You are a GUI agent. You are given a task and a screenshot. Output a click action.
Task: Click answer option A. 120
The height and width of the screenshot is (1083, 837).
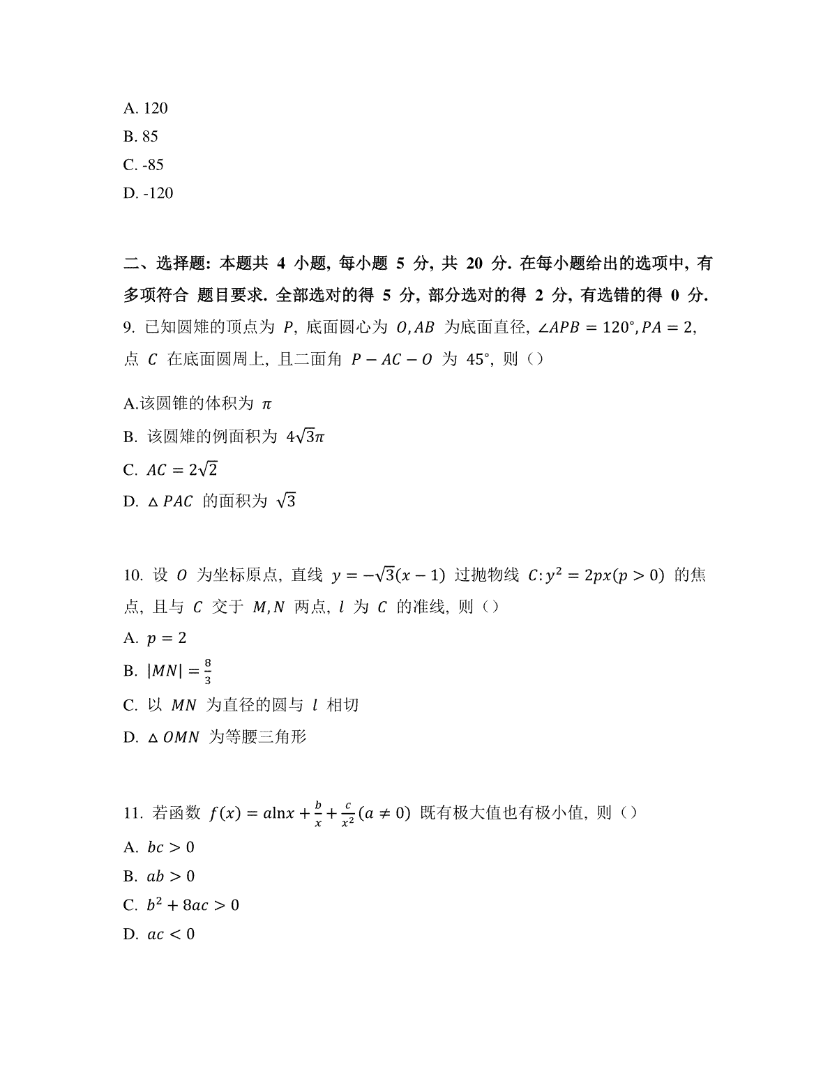click(145, 108)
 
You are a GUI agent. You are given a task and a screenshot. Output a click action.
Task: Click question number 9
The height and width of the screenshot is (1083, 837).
click(128, 328)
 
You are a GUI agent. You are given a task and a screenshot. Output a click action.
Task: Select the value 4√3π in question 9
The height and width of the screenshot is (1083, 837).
click(306, 437)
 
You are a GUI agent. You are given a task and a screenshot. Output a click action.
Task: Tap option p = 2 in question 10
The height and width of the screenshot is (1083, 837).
click(167, 638)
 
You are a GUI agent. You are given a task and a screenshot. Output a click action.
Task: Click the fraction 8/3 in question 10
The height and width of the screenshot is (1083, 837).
click(207, 671)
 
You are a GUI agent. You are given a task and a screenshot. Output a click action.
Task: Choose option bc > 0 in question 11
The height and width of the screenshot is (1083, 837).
click(171, 847)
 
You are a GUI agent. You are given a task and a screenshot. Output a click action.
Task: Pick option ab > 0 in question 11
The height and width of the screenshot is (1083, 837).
click(171, 876)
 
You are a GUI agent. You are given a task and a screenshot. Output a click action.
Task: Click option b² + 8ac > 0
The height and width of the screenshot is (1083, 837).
click(193, 905)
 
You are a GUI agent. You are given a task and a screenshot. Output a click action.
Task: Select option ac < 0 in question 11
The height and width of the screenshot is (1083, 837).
click(171, 934)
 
